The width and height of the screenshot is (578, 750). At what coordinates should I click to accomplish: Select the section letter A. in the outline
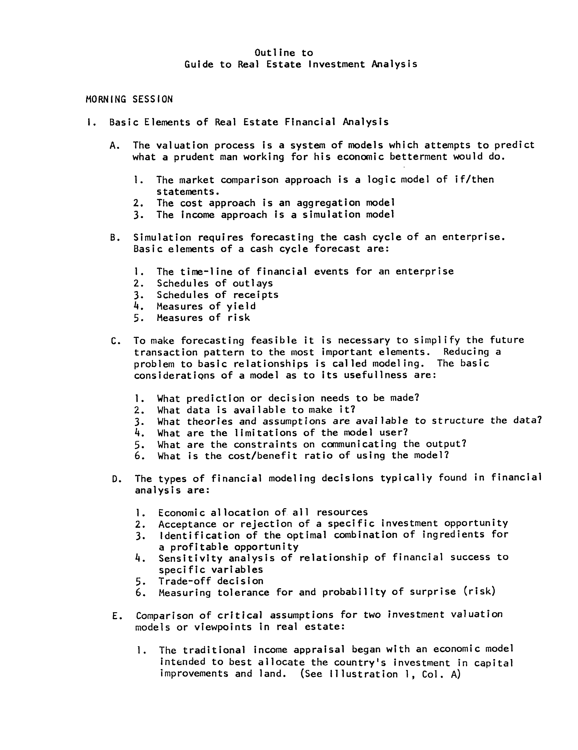[x=115, y=146]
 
